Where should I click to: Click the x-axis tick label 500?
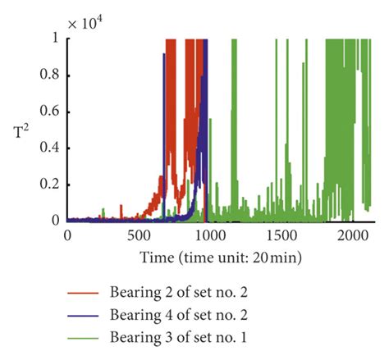[138, 236]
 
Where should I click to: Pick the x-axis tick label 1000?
[208, 236]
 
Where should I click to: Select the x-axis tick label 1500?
[280, 236]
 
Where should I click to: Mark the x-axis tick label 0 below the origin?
[67, 236]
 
